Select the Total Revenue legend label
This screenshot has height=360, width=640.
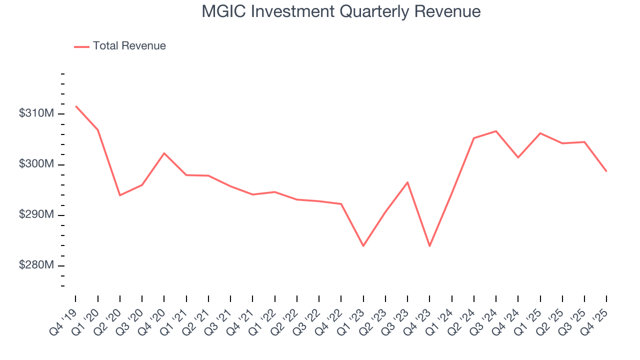[129, 46]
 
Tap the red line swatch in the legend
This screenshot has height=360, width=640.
[81, 46]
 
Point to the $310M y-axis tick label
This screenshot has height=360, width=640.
[36, 113]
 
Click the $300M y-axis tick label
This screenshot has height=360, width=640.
[36, 164]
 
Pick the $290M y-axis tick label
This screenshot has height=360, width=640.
[36, 215]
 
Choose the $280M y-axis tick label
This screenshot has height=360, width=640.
[36, 265]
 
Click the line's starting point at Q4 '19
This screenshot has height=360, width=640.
[75, 106]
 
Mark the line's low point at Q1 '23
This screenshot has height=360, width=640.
[363, 246]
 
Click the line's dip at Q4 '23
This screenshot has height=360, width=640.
[429, 246]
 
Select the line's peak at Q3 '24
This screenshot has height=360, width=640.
[495, 131]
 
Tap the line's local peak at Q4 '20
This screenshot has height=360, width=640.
[164, 153]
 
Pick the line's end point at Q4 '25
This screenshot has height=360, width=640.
[606, 171]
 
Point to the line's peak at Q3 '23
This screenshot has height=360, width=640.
[407, 182]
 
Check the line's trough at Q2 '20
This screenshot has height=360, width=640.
[120, 195]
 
